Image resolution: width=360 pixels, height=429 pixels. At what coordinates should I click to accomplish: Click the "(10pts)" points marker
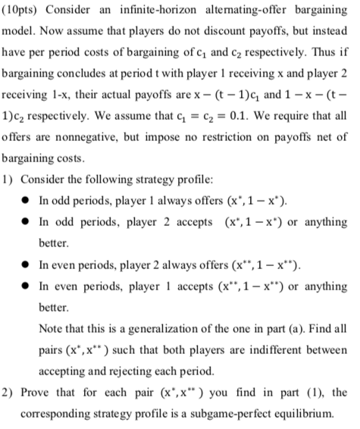click(x=25, y=12)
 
